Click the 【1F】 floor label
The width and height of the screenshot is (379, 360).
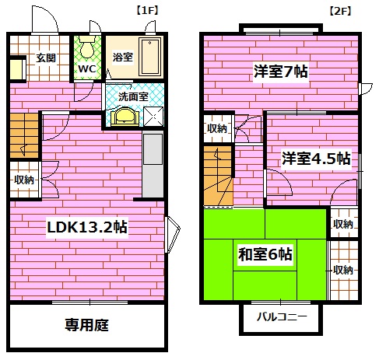[148, 11]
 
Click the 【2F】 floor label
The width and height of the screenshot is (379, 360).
[339, 11]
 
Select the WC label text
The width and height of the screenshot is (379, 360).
[86, 68]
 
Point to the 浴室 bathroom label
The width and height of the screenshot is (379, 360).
[122, 56]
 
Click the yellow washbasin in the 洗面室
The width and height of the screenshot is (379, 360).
[125, 116]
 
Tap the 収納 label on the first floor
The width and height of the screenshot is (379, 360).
[23, 180]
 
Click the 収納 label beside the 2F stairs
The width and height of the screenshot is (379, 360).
[217, 128]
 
